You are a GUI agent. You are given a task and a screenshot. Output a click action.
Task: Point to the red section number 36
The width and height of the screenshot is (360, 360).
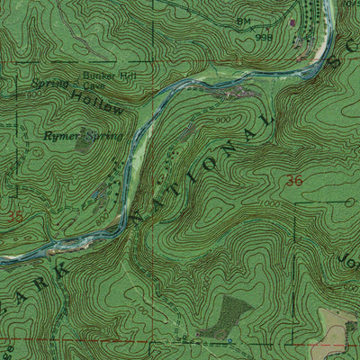pyautogui.click(x=293, y=180)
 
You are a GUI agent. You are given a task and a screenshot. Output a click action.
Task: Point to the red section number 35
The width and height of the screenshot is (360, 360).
pyautogui.click(x=14, y=216)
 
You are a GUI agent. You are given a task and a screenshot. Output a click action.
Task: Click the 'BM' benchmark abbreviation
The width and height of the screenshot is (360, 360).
pyautogui.click(x=243, y=20)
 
